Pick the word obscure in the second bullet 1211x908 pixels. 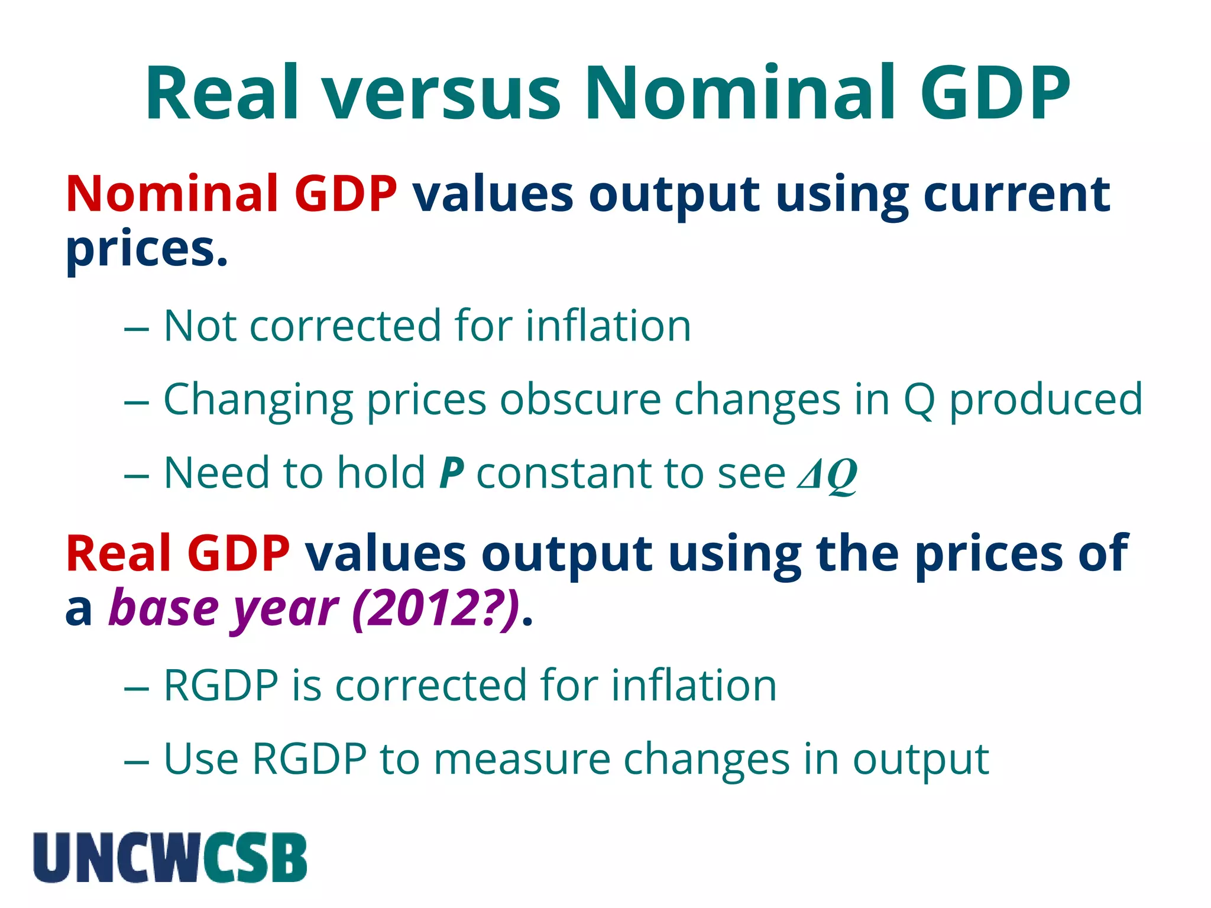(x=580, y=400)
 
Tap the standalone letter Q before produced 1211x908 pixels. (x=919, y=401)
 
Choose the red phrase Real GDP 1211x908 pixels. (x=177, y=554)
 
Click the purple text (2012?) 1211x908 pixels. (x=436, y=609)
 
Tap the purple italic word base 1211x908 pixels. (x=164, y=609)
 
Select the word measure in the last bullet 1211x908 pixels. (x=522, y=760)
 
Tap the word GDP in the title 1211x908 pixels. (x=995, y=95)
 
